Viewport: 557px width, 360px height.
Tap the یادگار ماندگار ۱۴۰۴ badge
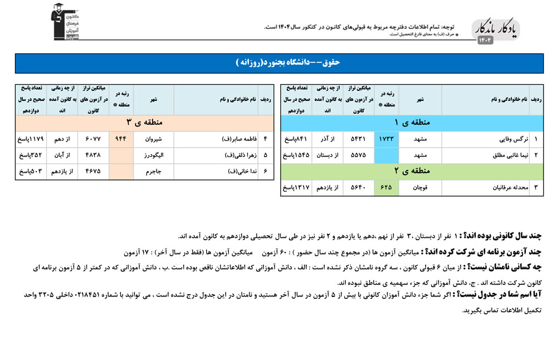point(496,31)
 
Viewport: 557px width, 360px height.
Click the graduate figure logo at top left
point(65,22)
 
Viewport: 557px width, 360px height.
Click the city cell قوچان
point(420,188)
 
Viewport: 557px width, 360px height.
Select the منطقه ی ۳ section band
point(144,122)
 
